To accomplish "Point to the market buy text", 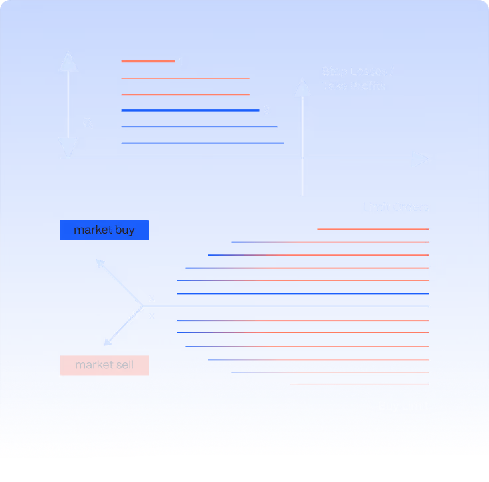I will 104,230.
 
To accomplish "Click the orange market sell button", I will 104,365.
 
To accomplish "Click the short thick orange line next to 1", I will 147,62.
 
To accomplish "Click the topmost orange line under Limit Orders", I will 373,229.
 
